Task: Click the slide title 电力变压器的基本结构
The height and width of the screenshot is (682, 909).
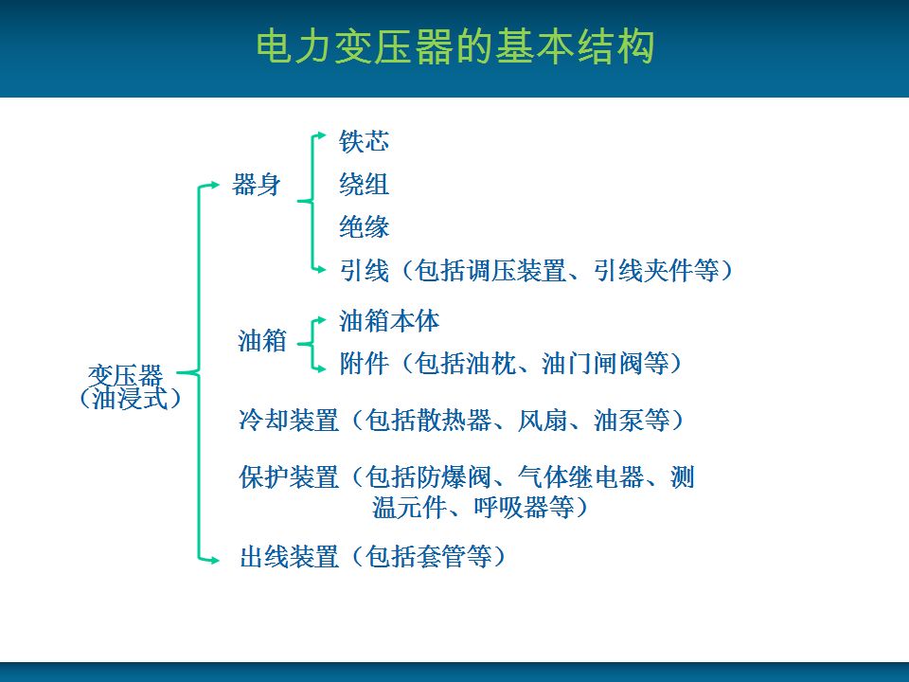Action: point(455,46)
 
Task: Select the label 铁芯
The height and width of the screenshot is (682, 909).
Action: point(364,141)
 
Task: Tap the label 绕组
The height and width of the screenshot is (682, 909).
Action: point(364,185)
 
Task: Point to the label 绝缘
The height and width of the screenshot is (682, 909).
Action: point(364,226)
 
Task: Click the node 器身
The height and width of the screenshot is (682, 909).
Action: point(257,185)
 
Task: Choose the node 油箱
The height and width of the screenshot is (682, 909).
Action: point(262,341)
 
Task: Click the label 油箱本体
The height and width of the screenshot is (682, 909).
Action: point(389,321)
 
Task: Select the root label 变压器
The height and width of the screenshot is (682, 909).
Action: point(125,375)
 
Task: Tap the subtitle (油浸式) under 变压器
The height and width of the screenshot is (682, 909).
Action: point(131,399)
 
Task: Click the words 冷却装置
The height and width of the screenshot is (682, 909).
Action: point(289,420)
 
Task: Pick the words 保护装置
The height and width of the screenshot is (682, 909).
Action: point(289,477)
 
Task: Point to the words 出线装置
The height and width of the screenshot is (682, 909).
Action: point(289,557)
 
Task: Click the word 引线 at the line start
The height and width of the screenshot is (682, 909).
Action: point(364,270)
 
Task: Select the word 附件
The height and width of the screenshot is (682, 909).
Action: point(364,364)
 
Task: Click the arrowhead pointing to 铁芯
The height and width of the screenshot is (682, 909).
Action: point(322,135)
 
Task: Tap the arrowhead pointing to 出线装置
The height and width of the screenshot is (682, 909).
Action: point(215,560)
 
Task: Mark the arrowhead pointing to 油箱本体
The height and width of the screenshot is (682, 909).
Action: point(322,319)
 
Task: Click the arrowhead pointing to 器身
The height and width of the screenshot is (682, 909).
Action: point(215,185)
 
